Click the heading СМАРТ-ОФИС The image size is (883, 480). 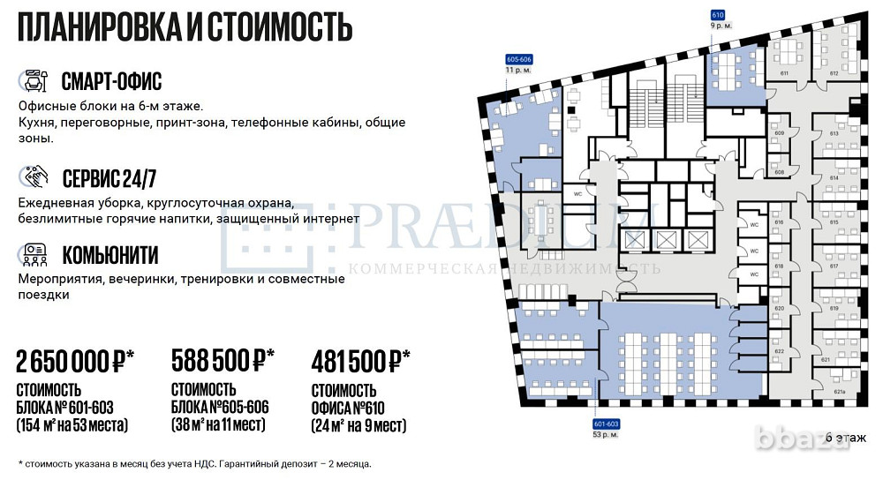(111, 82)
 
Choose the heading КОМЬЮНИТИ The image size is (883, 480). (109, 256)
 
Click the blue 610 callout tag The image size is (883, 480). (718, 15)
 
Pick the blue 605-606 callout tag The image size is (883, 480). (517, 59)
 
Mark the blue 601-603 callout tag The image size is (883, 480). (605, 424)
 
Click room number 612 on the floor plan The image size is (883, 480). (833, 74)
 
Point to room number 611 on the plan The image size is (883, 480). (783, 74)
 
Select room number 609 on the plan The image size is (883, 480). (779, 133)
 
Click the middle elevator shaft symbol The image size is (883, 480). (665, 239)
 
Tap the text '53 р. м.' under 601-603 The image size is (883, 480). (605, 435)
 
